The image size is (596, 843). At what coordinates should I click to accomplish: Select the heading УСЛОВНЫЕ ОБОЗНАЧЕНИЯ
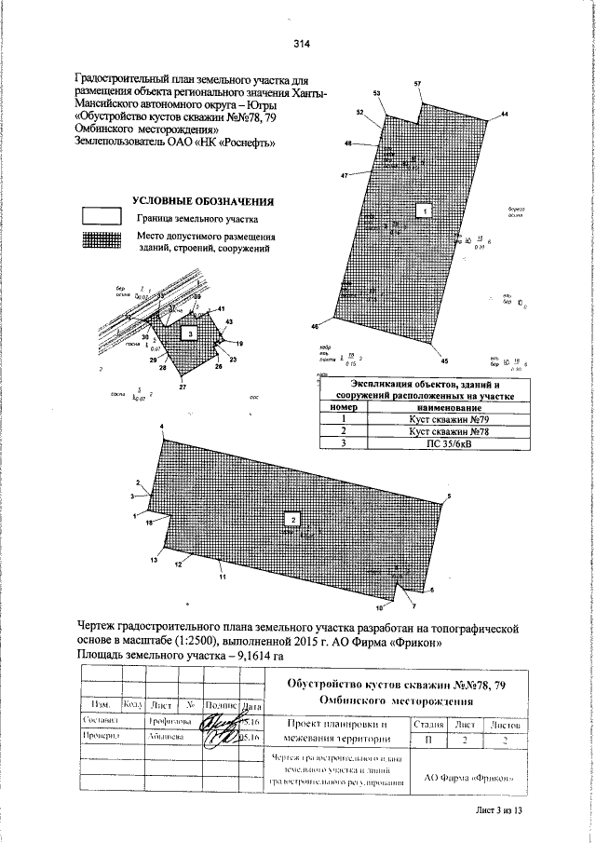coord(202,200)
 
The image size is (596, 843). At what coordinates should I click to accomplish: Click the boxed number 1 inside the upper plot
coord(425,211)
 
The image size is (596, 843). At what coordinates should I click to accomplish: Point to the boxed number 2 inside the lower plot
coord(293,519)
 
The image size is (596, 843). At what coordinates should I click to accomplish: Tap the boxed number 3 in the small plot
coord(189,332)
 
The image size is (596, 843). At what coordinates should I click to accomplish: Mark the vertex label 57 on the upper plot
coord(417,85)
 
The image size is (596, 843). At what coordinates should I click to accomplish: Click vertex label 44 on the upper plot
coord(505,114)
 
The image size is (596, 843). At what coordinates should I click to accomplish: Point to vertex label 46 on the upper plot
coord(315,327)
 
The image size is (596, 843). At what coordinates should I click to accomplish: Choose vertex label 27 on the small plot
coord(183,387)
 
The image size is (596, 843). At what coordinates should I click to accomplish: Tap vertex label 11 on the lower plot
coord(223,578)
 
